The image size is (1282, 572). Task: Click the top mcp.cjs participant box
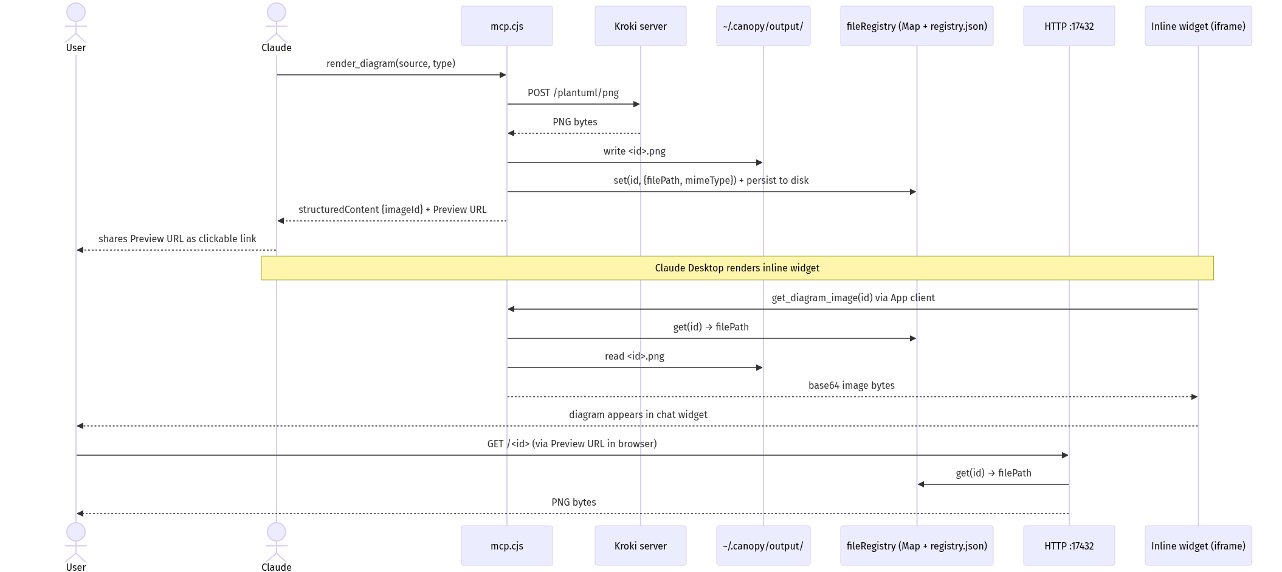506,26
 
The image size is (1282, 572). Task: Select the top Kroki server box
640,26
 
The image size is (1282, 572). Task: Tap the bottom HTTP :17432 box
1069,546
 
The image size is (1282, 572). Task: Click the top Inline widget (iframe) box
1198,26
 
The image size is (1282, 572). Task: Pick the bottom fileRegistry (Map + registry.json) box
916,546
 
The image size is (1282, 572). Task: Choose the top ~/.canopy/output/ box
763,26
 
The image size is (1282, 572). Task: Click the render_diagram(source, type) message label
390,63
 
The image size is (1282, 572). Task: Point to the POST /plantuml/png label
573,92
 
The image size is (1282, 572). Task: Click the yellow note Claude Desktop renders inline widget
737,268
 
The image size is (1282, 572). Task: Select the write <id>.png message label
634,151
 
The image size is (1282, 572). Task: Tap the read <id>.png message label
634,356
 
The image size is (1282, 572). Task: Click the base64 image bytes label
851,385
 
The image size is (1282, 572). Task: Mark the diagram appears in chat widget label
638,414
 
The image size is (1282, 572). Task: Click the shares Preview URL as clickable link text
177,239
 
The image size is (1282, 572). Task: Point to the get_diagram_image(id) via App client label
853,298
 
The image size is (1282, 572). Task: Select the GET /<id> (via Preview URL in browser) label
571,444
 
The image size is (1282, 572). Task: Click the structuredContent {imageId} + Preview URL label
392,209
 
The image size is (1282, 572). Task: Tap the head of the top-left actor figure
75,12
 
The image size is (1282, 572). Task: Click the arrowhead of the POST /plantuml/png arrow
636,104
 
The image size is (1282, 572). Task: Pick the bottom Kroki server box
640,546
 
